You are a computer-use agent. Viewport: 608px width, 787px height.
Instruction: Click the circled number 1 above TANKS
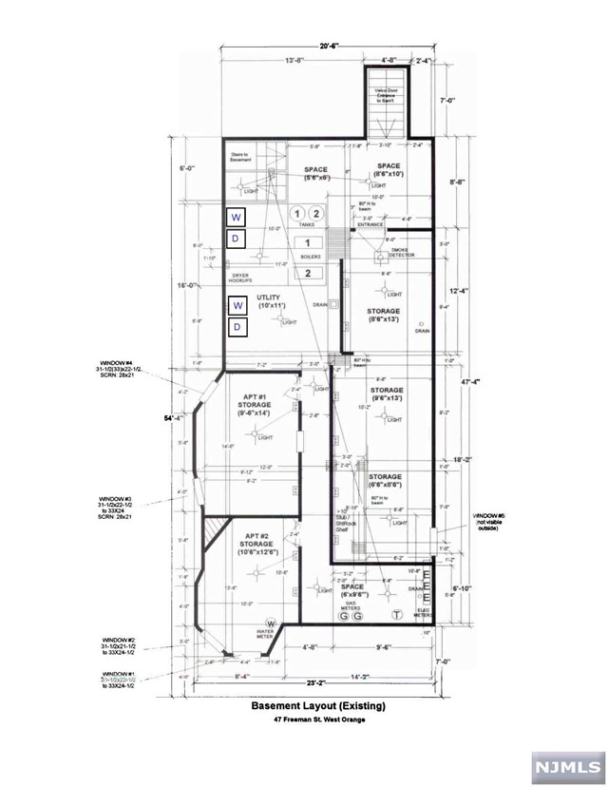(296, 214)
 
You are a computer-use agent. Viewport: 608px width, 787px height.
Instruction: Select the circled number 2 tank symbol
(317, 214)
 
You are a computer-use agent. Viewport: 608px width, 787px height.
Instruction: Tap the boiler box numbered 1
(307, 243)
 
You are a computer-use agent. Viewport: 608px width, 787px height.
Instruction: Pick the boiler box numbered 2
(307, 274)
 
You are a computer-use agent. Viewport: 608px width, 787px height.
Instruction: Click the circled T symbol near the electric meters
(395, 616)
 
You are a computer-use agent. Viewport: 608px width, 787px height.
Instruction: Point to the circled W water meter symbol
(257, 623)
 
